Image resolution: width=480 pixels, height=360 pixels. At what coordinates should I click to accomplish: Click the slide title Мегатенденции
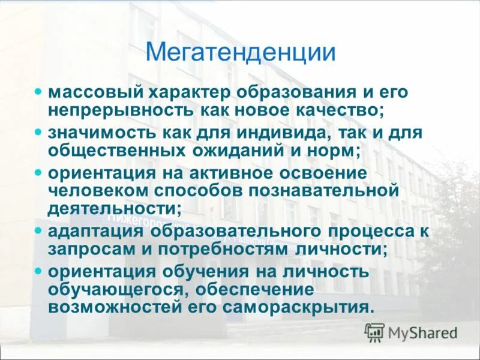point(240,52)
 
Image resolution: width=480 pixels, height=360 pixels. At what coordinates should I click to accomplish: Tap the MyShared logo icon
point(375,332)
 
